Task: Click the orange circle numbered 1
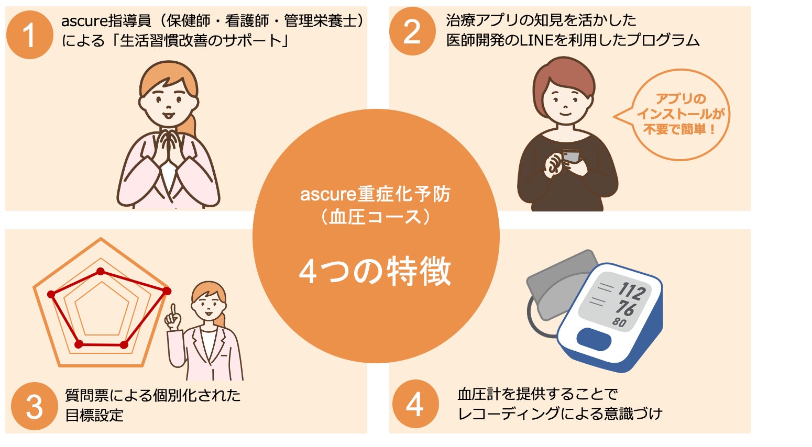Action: coord(29,35)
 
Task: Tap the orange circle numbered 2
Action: coord(412,31)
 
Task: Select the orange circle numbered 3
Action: coord(35,407)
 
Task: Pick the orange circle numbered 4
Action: coord(415,404)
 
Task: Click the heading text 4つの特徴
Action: coord(375,271)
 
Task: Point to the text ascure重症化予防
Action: coord(375,194)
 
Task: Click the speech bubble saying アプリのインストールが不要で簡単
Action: coord(680,115)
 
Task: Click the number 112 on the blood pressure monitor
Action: coord(632,289)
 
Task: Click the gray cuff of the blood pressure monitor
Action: coord(561,283)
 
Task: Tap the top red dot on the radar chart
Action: coord(101,271)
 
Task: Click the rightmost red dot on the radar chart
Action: coord(167,291)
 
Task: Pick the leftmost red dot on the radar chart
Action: coord(51,294)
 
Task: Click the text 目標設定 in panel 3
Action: coord(94,415)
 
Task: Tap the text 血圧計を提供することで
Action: coord(537,394)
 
